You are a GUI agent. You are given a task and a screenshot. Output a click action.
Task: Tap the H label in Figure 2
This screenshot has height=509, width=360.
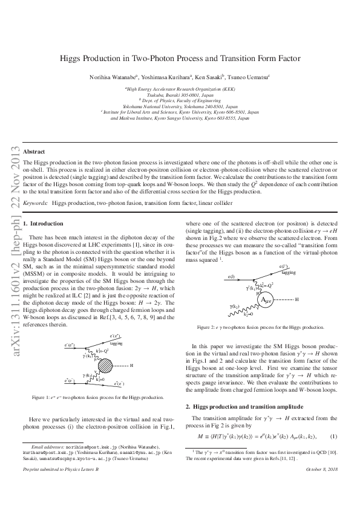296,282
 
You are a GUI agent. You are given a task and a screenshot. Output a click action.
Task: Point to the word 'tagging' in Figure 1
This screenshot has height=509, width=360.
116,343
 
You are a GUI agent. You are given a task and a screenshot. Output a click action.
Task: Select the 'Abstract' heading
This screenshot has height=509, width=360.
34,152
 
